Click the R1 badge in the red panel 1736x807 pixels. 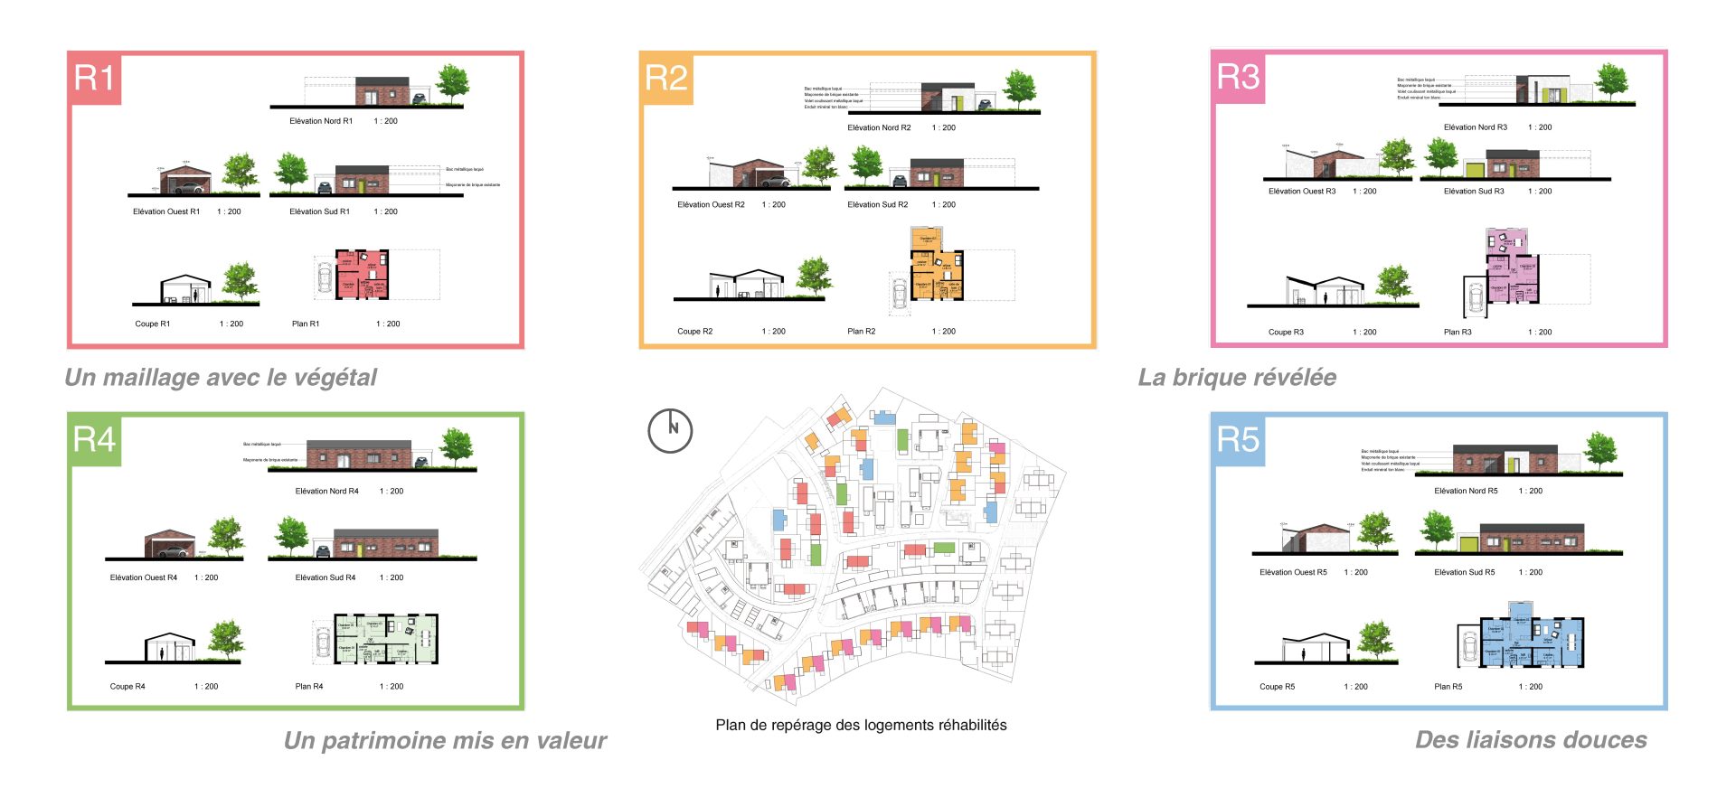coord(94,79)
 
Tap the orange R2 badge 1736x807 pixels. coord(666,79)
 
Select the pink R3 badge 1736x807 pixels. coord(1238,77)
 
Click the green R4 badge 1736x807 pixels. coord(94,440)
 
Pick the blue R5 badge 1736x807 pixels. coord(1238,440)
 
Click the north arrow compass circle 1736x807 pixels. coord(670,430)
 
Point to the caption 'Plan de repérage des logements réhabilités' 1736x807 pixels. coord(861,725)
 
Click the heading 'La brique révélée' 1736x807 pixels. coord(1237,377)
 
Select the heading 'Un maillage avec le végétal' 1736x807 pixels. coord(221,377)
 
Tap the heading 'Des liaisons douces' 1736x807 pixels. coord(1531,740)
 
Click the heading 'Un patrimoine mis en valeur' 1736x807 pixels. coord(445,741)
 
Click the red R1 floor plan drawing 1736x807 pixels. coord(362,275)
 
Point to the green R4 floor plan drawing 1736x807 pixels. coord(387,639)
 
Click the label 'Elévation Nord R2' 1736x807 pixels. coord(879,127)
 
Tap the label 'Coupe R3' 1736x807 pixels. coord(1286,332)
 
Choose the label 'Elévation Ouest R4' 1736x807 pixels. coord(144,577)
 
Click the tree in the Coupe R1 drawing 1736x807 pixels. coord(240,281)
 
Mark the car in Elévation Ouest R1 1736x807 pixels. coord(189,188)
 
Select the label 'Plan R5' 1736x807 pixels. coord(1448,687)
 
